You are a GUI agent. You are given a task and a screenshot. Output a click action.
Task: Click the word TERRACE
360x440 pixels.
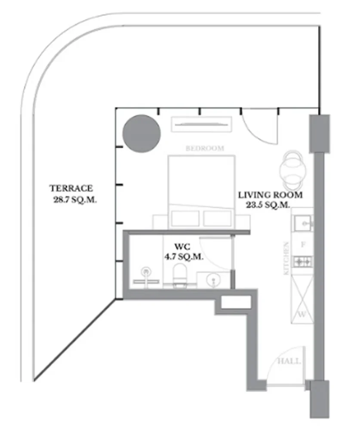pyautogui.click(x=71, y=188)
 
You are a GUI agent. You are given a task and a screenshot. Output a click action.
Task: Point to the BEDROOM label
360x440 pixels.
pyautogui.click(x=205, y=149)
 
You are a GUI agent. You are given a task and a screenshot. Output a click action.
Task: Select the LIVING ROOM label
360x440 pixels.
pyautogui.click(x=270, y=195)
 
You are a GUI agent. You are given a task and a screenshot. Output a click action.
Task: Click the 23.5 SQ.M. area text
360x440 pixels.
pyautogui.click(x=268, y=205)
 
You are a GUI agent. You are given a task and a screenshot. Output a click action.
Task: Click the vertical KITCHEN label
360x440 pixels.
pyautogui.click(x=286, y=258)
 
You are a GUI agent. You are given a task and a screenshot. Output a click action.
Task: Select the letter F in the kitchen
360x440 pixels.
pyautogui.click(x=302, y=245)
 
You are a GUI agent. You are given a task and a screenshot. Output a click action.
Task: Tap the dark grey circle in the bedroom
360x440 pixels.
pyautogui.click(x=142, y=133)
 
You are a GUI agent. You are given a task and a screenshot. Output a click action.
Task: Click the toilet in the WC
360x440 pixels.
pyautogui.click(x=180, y=275)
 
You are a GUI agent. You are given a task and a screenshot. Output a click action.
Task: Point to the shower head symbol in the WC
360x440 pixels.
pyautogui.click(x=146, y=272)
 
